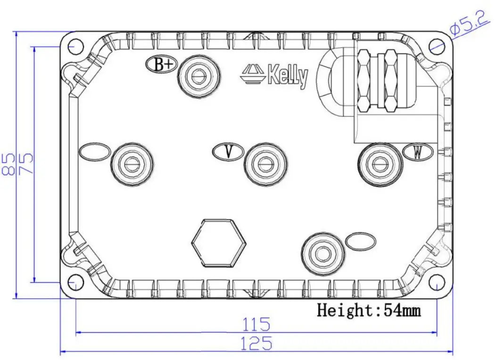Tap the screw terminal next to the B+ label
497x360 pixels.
click(199, 75)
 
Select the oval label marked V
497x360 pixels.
click(228, 152)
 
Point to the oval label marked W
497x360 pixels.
click(418, 152)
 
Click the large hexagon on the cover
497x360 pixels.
click(219, 243)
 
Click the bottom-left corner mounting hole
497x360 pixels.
click(75, 283)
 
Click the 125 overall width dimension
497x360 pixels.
click(257, 343)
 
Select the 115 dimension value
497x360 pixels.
click(257, 325)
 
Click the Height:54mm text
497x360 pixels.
click(369, 310)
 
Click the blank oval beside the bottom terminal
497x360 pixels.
click(361, 241)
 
